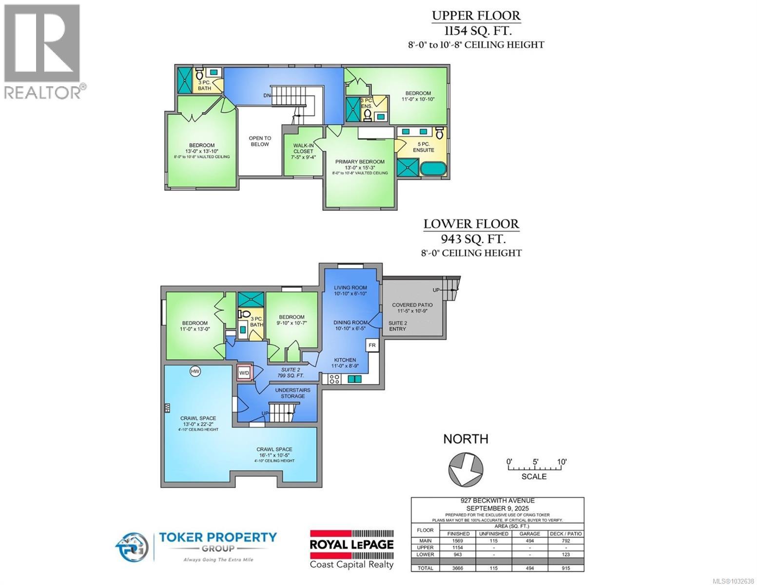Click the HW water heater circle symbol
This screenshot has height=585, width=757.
[195, 371]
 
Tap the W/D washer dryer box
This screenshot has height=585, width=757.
[244, 373]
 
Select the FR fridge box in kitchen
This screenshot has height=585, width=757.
[372, 345]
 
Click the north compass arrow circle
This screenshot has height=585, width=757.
[466, 469]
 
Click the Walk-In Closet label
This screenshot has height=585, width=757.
[303, 151]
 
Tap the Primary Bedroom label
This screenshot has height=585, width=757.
[360, 162]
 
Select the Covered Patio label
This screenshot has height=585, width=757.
[412, 305]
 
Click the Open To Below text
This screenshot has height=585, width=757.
[260, 141]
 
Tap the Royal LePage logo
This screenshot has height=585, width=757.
[352, 549]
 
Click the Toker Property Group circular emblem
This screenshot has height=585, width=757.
[132, 546]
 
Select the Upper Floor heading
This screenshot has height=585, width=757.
[476, 16]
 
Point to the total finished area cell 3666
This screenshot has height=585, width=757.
[458, 568]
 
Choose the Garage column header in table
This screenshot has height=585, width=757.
[529, 533]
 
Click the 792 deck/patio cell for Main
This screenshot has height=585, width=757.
[565, 541]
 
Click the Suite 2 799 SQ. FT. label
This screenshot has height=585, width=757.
[292, 372]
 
